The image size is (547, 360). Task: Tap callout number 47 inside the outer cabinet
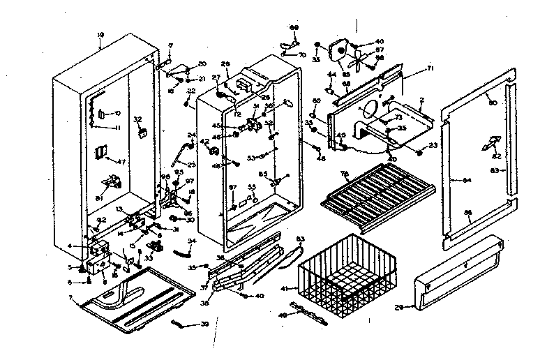pos(121,161)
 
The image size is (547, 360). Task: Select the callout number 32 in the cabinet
pos(137,119)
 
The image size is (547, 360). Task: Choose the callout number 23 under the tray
pos(431,145)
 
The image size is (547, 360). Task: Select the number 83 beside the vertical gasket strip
pos(495,170)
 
